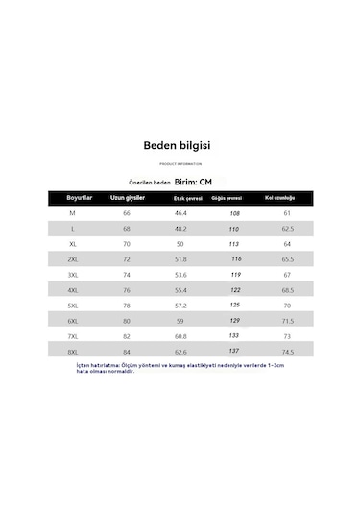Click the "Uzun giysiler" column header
tap(127, 197)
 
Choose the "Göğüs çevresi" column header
tap(227, 197)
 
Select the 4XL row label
tap(72, 290)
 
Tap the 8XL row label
tap(72, 353)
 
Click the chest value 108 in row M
tap(233, 213)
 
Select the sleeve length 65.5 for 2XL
tap(287, 259)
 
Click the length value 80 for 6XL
tap(127, 322)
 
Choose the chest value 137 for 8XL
tap(233, 353)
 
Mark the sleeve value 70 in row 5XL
tap(287, 306)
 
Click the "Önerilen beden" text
tap(149, 181)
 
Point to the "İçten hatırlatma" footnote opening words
tap(125, 365)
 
